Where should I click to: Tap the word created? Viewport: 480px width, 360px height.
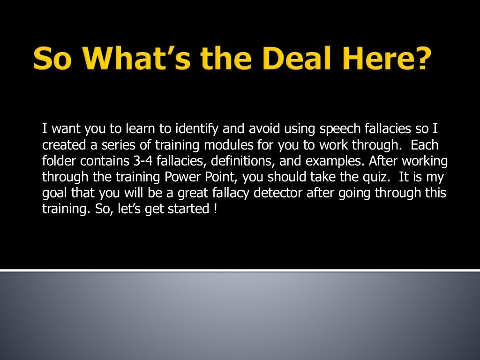pyautogui.click(x=60, y=145)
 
